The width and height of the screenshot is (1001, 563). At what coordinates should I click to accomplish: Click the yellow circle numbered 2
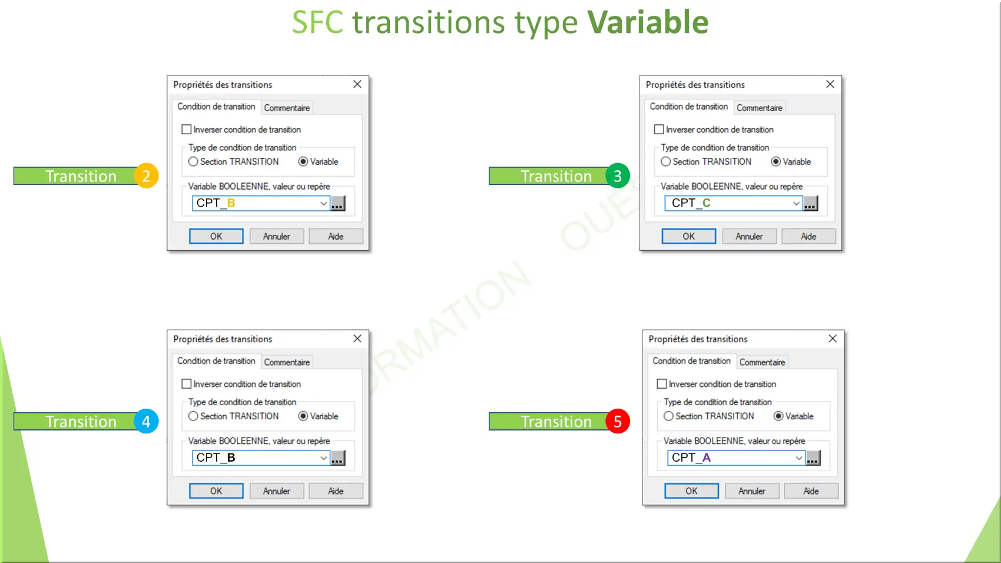click(x=146, y=175)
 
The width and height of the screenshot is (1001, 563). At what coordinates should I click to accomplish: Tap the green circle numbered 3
click(x=618, y=175)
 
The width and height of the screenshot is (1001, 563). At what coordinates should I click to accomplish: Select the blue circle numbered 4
click(x=146, y=421)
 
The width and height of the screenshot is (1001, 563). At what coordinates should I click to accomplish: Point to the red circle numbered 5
click(x=618, y=421)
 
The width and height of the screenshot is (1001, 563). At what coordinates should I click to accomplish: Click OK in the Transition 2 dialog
click(x=216, y=236)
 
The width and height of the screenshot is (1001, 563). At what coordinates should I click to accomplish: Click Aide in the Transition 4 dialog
click(x=336, y=491)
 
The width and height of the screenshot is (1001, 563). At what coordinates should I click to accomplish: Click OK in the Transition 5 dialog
click(x=691, y=491)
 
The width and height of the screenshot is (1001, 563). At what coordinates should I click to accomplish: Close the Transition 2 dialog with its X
click(x=357, y=84)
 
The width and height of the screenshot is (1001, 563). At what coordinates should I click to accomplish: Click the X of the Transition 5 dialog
click(x=833, y=339)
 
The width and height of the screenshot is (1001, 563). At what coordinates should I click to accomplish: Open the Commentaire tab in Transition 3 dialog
click(x=759, y=108)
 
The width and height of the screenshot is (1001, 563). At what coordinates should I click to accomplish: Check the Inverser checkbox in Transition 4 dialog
click(x=186, y=384)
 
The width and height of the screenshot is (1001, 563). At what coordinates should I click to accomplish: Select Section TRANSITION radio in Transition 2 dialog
click(x=193, y=162)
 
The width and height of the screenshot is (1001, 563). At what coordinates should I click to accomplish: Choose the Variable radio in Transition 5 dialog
click(x=778, y=416)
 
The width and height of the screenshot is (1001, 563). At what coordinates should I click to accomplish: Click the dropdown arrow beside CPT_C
click(x=796, y=203)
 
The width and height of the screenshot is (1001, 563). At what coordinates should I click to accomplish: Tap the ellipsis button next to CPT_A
click(x=813, y=458)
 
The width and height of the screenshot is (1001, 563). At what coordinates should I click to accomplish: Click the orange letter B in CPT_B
click(x=231, y=203)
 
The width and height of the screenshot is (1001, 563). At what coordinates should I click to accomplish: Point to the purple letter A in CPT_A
click(x=707, y=458)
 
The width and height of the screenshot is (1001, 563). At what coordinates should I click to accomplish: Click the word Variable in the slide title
click(x=648, y=22)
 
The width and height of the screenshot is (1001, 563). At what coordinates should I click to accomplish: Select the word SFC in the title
click(x=318, y=22)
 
